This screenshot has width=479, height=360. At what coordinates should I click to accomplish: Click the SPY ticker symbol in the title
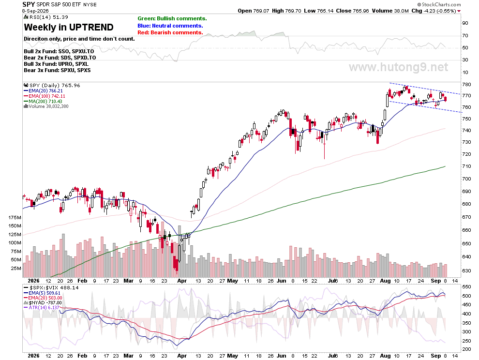(29, 4)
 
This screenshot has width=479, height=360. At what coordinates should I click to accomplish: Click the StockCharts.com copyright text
(439, 4)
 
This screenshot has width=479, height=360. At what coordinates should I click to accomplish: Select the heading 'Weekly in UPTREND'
(69, 27)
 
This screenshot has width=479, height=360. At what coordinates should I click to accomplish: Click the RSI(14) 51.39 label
(46, 17)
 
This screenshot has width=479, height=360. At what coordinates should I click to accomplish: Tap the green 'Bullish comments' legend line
(172, 19)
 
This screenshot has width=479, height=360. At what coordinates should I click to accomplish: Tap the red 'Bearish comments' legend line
(170, 33)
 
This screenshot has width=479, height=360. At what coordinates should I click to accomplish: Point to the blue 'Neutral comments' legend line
(170, 26)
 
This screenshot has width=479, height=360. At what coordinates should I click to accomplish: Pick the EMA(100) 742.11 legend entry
(45, 96)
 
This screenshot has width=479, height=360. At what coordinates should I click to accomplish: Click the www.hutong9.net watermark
(399, 67)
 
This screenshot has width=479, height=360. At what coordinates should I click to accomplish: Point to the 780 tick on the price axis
(466, 85)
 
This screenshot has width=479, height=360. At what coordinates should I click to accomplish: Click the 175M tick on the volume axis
(15, 218)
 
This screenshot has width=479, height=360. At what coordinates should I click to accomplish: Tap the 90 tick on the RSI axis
(465, 23)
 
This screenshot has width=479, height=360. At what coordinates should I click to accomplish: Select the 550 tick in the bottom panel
(466, 287)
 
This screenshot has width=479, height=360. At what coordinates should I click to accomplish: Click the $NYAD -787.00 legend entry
(43, 302)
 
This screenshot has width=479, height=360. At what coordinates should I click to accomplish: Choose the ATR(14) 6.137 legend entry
(42, 307)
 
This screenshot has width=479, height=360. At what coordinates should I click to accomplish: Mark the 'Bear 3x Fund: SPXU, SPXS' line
(57, 70)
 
